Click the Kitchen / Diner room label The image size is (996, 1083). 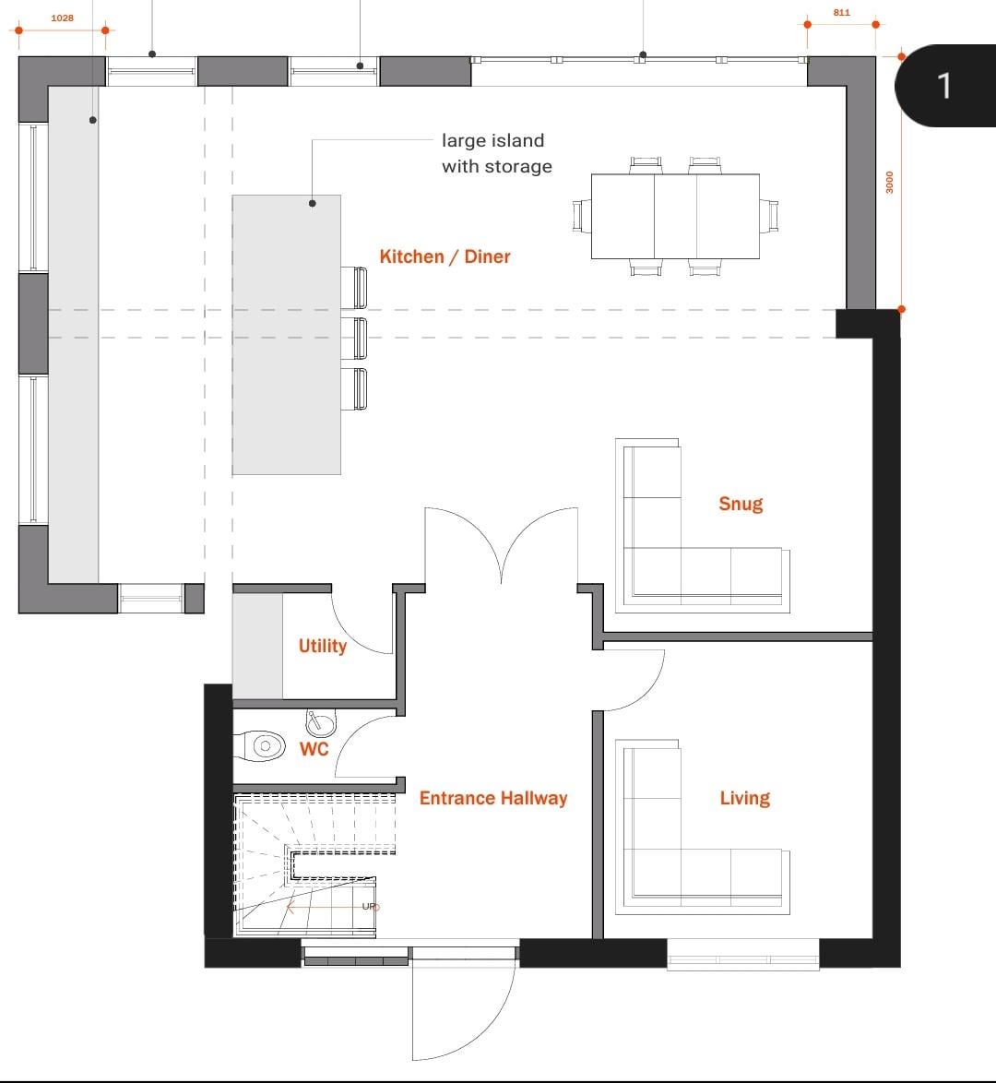(x=445, y=257)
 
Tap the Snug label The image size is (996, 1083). (x=741, y=504)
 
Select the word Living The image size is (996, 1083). (x=744, y=799)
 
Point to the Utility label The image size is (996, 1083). (x=323, y=646)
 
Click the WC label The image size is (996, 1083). (x=314, y=749)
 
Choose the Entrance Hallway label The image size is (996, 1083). (x=493, y=799)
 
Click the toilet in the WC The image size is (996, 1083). (x=260, y=746)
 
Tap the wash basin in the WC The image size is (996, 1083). (x=321, y=722)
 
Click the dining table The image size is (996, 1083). (x=675, y=216)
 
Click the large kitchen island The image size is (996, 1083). (x=286, y=335)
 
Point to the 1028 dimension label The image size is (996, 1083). (x=62, y=18)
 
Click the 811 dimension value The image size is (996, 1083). (x=841, y=12)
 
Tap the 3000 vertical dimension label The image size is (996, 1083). (x=890, y=183)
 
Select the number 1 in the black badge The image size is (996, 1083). (x=944, y=86)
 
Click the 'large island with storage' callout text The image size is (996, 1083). (x=497, y=153)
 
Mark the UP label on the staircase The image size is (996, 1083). (x=370, y=906)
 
